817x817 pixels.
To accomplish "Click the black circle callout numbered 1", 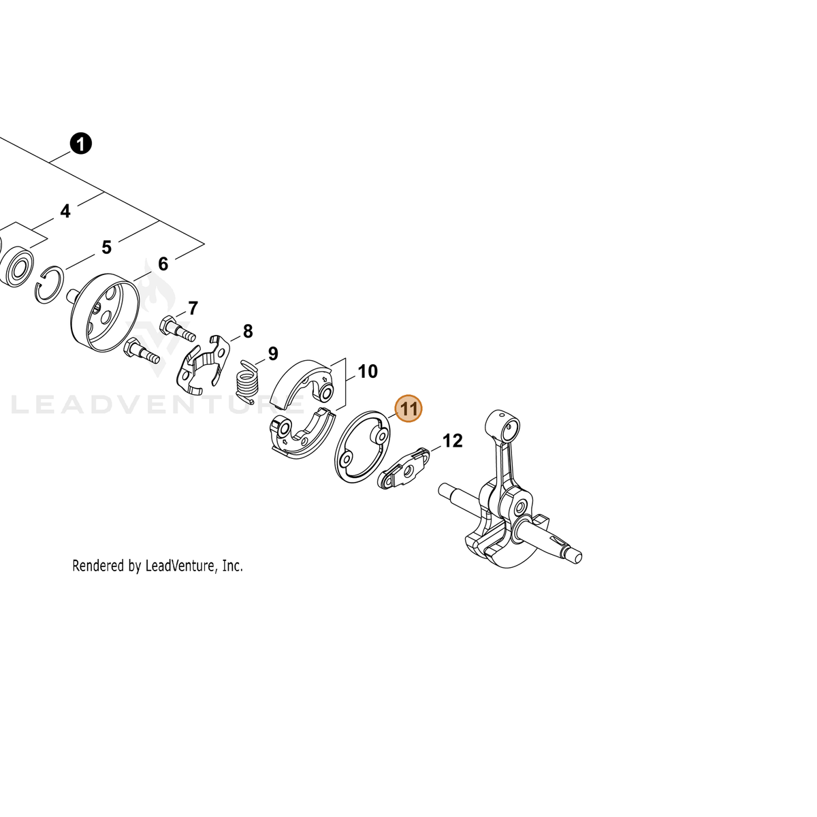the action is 80,144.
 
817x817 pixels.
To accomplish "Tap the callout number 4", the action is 65,211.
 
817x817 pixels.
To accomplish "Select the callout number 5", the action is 106,247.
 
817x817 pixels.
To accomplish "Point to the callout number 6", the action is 163,263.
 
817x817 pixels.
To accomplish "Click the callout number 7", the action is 193,308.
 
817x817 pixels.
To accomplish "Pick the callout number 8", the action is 248,332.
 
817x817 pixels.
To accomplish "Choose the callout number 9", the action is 273,353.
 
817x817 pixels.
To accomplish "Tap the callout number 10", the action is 368,372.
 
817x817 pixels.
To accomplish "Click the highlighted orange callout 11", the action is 408,408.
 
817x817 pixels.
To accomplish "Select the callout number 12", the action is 452,441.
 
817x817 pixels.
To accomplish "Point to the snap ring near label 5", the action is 49,285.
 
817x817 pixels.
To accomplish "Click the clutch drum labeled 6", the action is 104,313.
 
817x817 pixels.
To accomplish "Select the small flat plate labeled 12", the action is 404,469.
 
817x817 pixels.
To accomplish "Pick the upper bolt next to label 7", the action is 177,329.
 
